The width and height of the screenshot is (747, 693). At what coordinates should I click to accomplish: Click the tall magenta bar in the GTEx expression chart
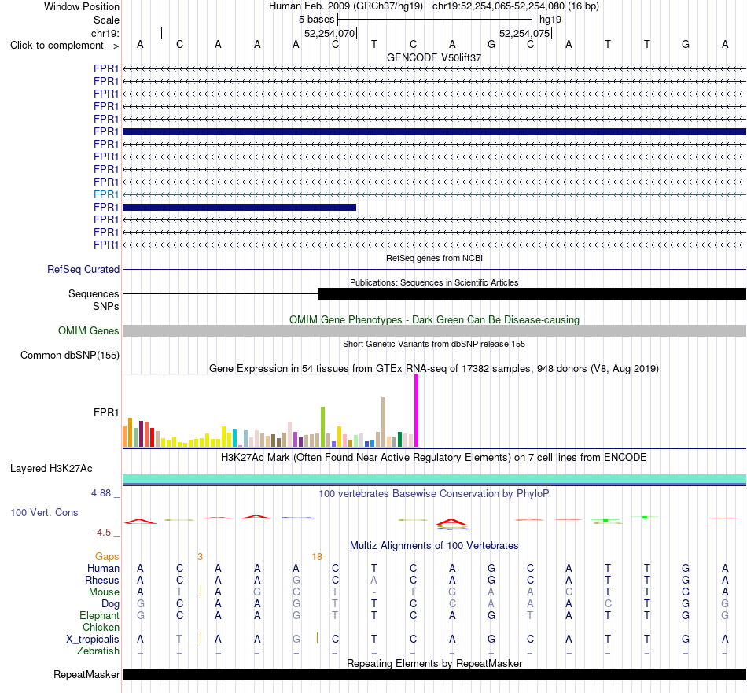pos(417,411)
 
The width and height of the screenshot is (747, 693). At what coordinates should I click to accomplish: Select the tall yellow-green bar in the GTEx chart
pos(322,426)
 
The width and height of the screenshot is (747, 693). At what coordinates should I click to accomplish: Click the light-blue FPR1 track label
pos(106,194)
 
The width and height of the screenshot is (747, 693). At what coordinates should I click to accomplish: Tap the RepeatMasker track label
pos(86,674)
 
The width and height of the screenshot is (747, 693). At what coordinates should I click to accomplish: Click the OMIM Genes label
pos(88,331)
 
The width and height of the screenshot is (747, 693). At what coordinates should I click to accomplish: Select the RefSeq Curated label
pos(83,269)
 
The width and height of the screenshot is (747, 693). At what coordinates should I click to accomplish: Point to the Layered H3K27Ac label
pos(51,469)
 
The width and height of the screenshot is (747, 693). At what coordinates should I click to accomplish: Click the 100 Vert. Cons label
pos(44,512)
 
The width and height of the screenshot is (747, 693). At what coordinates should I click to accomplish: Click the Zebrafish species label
pos(98,651)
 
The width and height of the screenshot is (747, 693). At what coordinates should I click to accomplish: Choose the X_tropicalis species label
pos(93,640)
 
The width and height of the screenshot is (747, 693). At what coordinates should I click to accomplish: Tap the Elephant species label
pos(99,615)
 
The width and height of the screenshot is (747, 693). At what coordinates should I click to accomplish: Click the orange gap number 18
pos(317,557)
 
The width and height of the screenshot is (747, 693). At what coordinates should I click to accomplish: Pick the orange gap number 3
pos(200,557)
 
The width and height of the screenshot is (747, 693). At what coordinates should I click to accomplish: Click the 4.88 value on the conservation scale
pos(101,493)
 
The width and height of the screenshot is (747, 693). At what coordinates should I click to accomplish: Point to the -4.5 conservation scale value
pos(102,533)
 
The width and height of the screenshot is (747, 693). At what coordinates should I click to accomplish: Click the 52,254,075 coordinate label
pos(524,33)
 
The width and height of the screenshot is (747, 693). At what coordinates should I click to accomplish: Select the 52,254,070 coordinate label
pos(329,33)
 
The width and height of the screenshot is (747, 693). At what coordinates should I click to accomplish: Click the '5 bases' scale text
pos(316,20)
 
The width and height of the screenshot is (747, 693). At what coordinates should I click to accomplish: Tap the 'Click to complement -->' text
pos(64,46)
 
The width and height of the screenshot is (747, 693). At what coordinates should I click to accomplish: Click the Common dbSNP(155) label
pos(69,355)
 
